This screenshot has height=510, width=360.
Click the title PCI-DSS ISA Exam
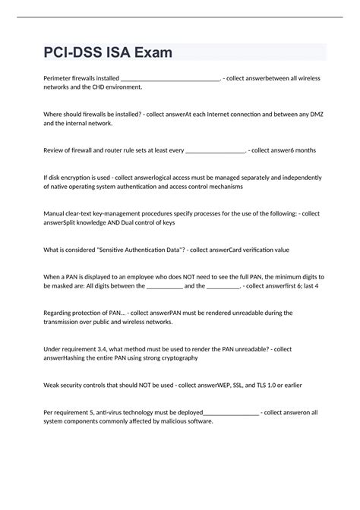point(109,53)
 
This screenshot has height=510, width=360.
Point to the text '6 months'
point(299,150)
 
